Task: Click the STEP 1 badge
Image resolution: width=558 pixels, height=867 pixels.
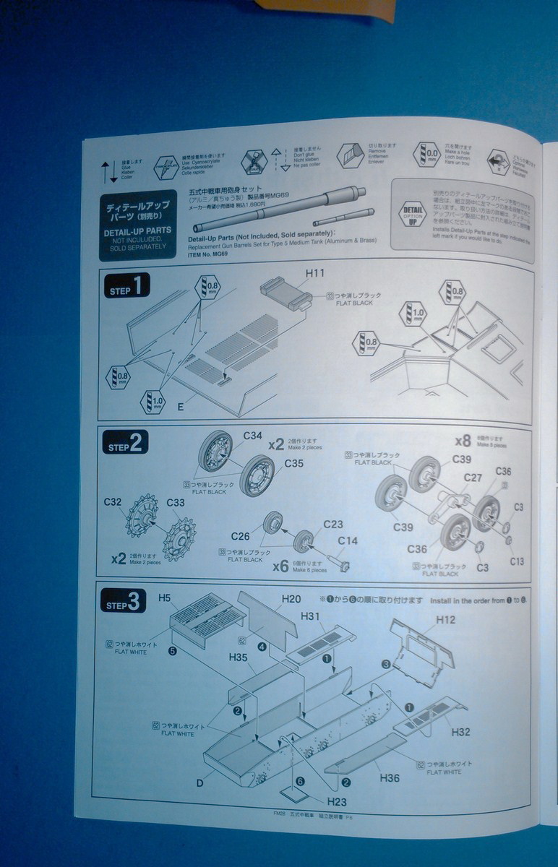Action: tap(127, 287)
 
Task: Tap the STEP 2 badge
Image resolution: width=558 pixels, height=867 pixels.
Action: tap(126, 443)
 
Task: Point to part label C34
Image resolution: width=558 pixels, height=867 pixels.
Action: tap(252, 436)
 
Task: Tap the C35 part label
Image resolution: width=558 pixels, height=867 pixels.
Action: tap(294, 463)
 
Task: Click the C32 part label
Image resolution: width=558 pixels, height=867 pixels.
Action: tap(113, 501)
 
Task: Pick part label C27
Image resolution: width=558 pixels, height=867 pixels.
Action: tap(473, 478)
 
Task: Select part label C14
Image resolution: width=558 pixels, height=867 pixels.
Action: tap(348, 540)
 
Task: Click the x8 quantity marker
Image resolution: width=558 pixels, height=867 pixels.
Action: tap(463, 441)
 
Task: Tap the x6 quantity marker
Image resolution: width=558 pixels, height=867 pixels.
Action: tap(280, 566)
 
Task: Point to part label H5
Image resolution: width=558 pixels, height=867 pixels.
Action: tap(164, 598)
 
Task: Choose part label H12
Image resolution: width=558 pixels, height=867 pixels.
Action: tap(446, 620)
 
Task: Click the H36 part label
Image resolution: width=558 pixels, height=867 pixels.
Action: tap(390, 777)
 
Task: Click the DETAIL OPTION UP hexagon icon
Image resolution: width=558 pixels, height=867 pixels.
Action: tap(413, 215)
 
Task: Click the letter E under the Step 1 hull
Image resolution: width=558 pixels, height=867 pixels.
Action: tap(180, 407)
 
